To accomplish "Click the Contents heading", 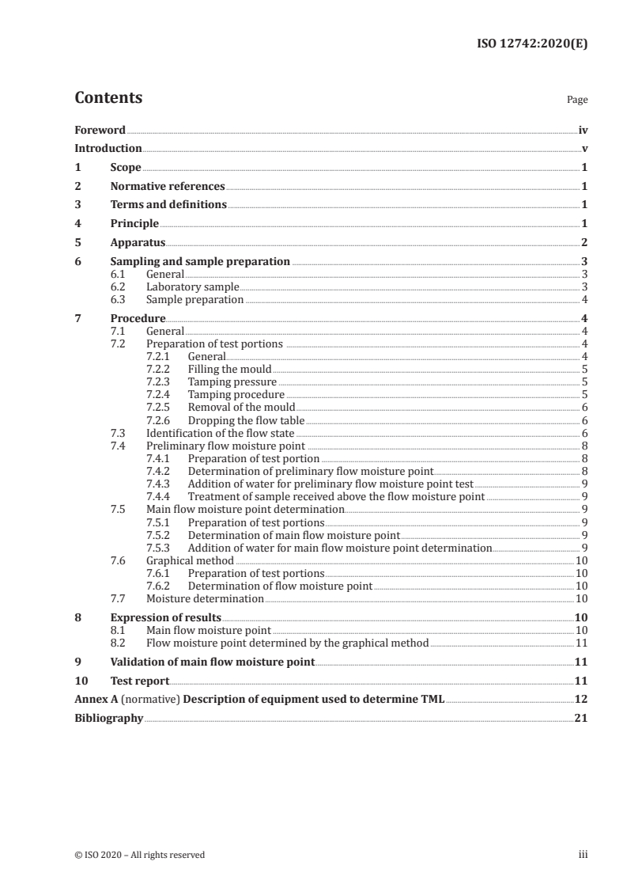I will click(x=108, y=98).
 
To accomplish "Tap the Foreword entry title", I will click(x=100, y=130).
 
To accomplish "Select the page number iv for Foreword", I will click(x=583, y=130).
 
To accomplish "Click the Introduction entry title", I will click(x=108, y=148).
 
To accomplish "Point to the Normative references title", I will click(x=168, y=187).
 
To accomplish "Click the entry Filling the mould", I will click(x=229, y=369).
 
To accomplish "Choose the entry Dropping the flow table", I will click(x=246, y=420).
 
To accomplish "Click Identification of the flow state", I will click(x=221, y=433).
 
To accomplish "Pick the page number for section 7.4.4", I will click(x=584, y=497).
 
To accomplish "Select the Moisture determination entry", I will click(x=205, y=599).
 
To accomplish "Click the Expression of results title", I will click(x=165, y=617).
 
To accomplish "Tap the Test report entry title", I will click(x=139, y=681).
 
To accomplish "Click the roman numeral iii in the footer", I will click(x=582, y=855).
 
